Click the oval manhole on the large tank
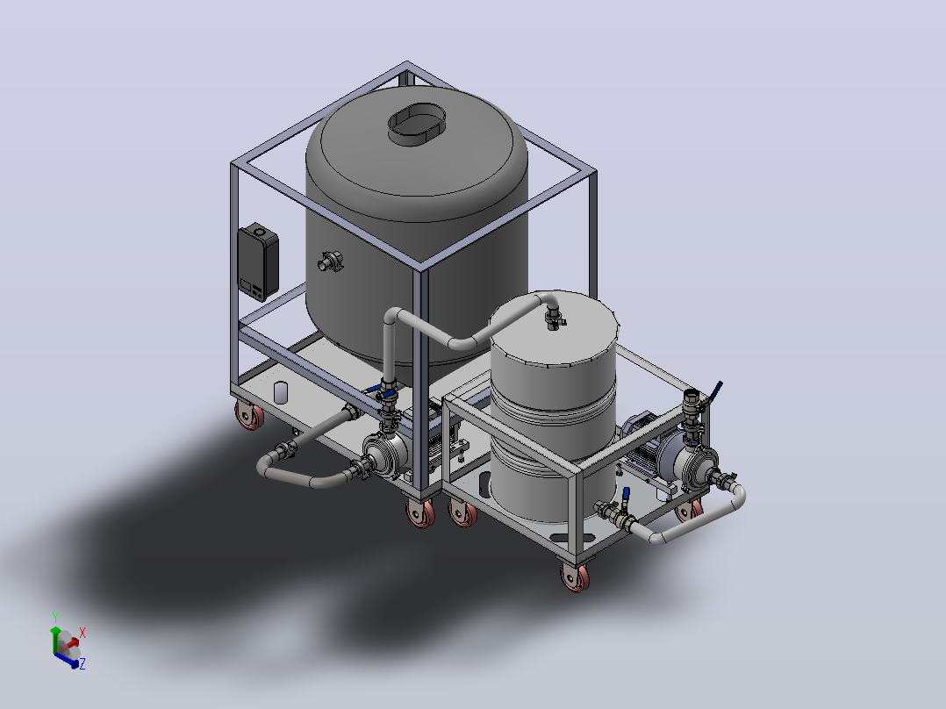tap(416, 124)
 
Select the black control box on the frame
tap(258, 261)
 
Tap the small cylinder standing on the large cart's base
tap(281, 392)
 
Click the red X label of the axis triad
tap(82, 633)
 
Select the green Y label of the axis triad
tap(55, 618)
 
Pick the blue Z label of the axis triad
tap(82, 663)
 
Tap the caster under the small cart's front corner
tap(575, 577)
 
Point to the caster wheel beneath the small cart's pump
tap(689, 511)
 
